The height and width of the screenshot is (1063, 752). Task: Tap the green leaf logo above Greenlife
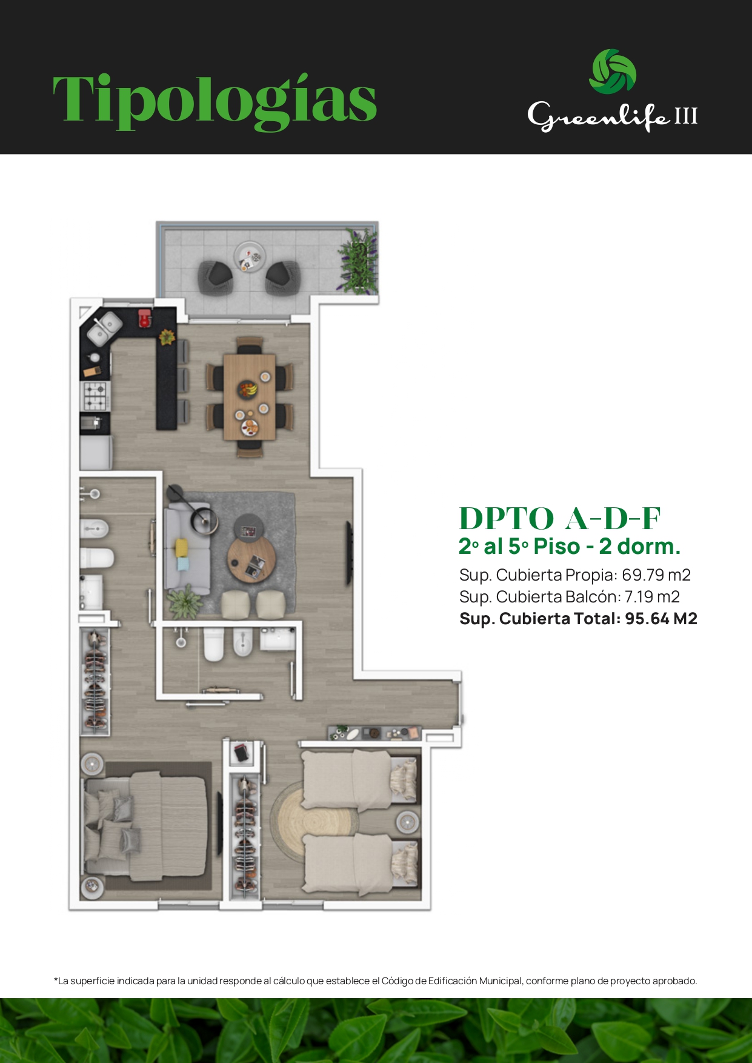tap(613, 72)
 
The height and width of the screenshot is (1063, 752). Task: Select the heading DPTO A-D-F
tap(559, 519)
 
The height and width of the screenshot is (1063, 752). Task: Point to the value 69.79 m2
tap(656, 575)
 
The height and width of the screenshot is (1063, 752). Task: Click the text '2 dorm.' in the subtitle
tap(640, 546)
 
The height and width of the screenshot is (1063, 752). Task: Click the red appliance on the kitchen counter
tap(145, 318)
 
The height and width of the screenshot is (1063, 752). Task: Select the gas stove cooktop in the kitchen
tap(95, 396)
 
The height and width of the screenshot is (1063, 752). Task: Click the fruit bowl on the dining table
tap(247, 388)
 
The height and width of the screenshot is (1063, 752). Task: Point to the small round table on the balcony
tap(249, 255)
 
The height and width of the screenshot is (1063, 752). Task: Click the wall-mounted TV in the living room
tap(348, 553)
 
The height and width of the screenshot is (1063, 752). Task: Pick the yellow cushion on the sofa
tap(182, 547)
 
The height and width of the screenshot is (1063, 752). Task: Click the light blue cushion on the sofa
tap(182, 564)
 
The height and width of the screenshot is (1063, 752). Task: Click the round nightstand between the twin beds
tap(407, 822)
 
